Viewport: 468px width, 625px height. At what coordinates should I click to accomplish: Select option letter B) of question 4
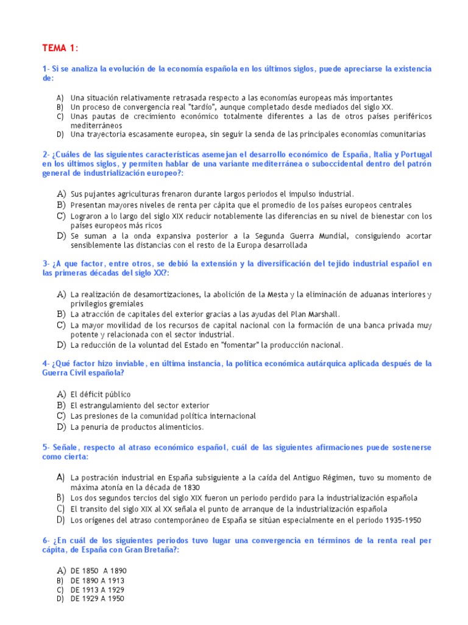click(60, 405)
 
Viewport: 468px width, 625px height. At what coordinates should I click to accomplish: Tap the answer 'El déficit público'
click(101, 395)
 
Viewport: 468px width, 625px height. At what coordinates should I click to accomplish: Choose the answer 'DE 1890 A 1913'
click(98, 580)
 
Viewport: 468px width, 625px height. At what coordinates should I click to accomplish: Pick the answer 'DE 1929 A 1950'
click(97, 599)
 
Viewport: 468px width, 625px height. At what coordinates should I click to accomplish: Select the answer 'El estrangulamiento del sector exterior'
click(140, 405)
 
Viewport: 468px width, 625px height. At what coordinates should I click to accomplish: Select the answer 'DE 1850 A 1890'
click(98, 571)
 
